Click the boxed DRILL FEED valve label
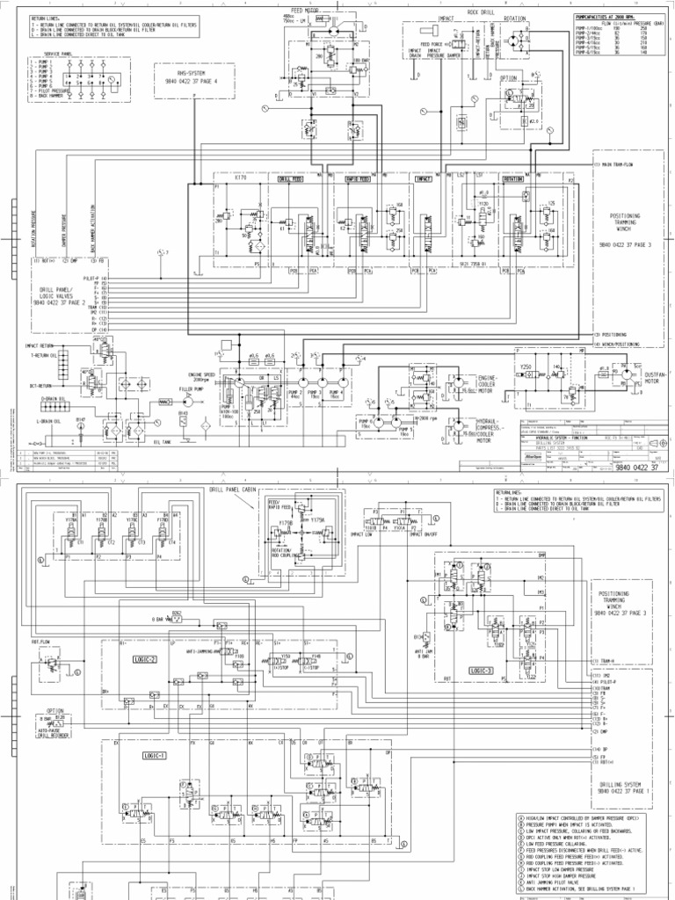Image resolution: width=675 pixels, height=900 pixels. pos(290,178)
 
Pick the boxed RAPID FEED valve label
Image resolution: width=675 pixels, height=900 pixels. pos(357,178)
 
